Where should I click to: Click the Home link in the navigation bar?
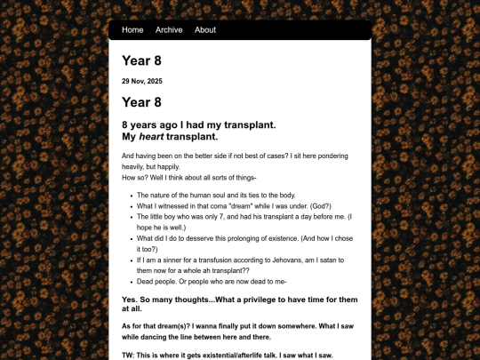[132, 30]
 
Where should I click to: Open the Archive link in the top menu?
[169, 30]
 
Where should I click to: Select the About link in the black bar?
[205, 30]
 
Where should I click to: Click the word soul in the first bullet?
[228, 195]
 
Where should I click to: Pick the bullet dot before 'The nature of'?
[130, 195]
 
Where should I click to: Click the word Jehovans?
[287, 260]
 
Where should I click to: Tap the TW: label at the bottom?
[130, 356]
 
